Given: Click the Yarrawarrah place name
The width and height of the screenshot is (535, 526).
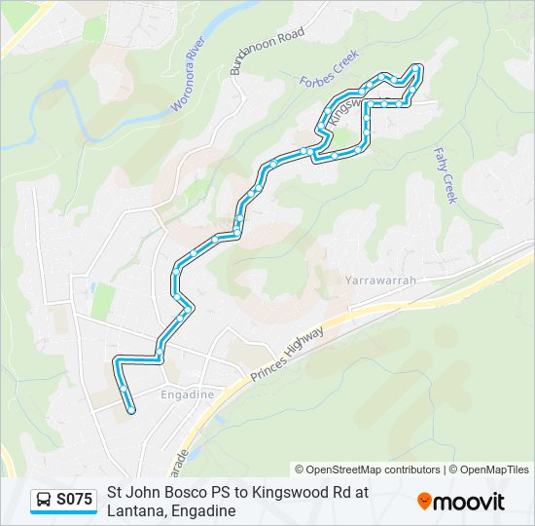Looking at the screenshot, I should tap(380, 281).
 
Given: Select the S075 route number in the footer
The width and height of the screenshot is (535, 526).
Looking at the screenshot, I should tap(75, 500).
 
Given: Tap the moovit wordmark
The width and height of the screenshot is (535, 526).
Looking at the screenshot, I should tap(470, 502).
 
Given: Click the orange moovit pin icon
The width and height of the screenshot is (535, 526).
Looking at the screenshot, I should tap(424, 501).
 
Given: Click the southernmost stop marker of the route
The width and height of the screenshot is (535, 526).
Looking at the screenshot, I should tap(130, 410).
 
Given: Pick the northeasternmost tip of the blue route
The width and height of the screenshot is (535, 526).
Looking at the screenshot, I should tap(418, 67).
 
